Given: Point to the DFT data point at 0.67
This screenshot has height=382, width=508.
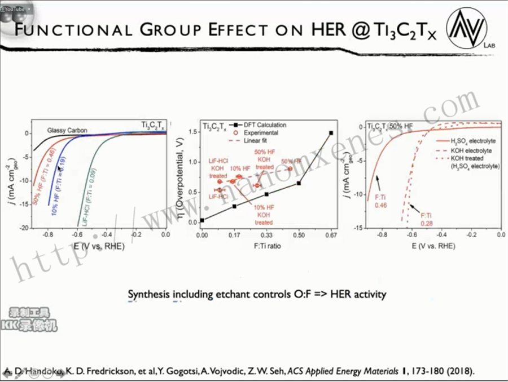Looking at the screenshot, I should click(331, 133).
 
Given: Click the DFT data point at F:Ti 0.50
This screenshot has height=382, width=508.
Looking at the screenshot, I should click(299, 183).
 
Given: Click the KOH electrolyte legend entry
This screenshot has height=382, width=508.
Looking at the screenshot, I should click(471, 150).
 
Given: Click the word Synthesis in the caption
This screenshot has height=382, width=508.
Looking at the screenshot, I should click(148, 294).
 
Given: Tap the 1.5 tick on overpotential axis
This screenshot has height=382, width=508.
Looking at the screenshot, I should click(191, 132).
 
